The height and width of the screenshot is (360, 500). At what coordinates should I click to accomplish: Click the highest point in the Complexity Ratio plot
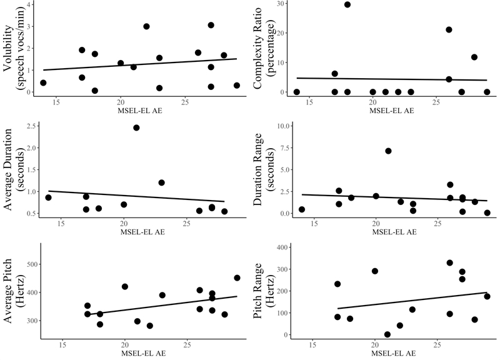(x=347, y=4)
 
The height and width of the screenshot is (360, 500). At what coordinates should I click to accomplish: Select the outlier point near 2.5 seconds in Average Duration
(x=136, y=127)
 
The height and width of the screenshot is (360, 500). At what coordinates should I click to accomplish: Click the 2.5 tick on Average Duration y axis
(x=29, y=127)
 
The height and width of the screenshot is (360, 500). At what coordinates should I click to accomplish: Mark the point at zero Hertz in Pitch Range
(x=387, y=334)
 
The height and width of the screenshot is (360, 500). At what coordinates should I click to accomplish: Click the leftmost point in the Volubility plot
(x=43, y=82)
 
